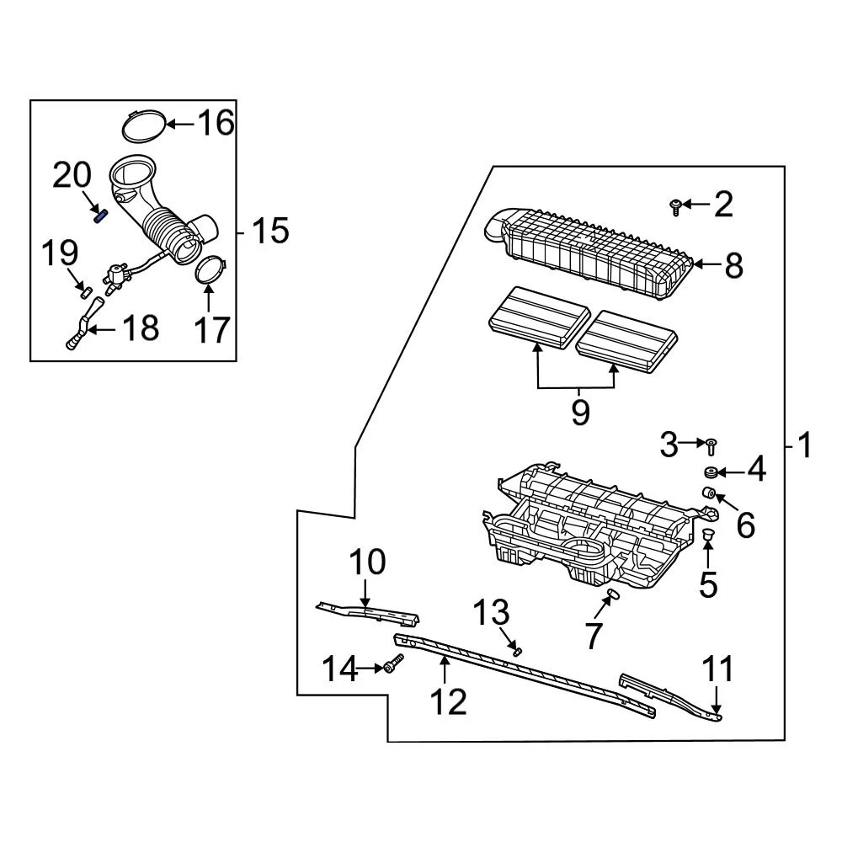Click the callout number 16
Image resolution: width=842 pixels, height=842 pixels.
click(x=215, y=123)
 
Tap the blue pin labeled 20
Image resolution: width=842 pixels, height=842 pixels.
click(x=100, y=215)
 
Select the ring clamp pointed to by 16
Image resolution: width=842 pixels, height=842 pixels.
click(x=141, y=125)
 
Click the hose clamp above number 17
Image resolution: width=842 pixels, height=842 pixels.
click(x=210, y=269)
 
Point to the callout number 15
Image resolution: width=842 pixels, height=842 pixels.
click(x=270, y=230)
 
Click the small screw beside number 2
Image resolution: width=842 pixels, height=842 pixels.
click(x=675, y=204)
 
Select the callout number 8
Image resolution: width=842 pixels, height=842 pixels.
click(x=733, y=266)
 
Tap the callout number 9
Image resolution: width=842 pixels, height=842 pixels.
click(x=579, y=413)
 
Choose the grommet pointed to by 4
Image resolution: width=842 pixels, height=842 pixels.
click(x=711, y=472)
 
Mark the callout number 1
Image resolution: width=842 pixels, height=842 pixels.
click(x=804, y=445)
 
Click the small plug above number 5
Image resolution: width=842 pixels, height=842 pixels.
click(x=708, y=536)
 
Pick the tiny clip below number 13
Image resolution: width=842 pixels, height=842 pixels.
click(x=517, y=649)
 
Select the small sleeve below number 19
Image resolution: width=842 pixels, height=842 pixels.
click(x=84, y=291)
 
